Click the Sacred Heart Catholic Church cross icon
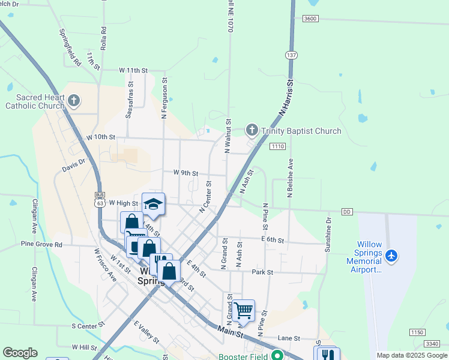click(x=74, y=100)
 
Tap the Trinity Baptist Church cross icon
click(x=252, y=130)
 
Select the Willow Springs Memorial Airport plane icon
click(x=392, y=256)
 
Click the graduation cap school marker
click(x=153, y=205)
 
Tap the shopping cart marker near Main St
click(x=243, y=311)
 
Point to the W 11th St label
click(x=133, y=70)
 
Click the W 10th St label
click(x=100, y=137)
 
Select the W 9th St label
click(x=185, y=173)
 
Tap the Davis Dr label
click(x=74, y=166)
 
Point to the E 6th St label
click(x=273, y=240)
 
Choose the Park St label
click(x=263, y=272)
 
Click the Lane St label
click(x=289, y=338)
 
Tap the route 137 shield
click(x=292, y=55)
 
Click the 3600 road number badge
click(x=310, y=19)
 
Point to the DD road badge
click(x=346, y=212)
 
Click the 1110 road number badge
click(x=277, y=146)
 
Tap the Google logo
click(x=20, y=353)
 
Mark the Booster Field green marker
click(x=277, y=355)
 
